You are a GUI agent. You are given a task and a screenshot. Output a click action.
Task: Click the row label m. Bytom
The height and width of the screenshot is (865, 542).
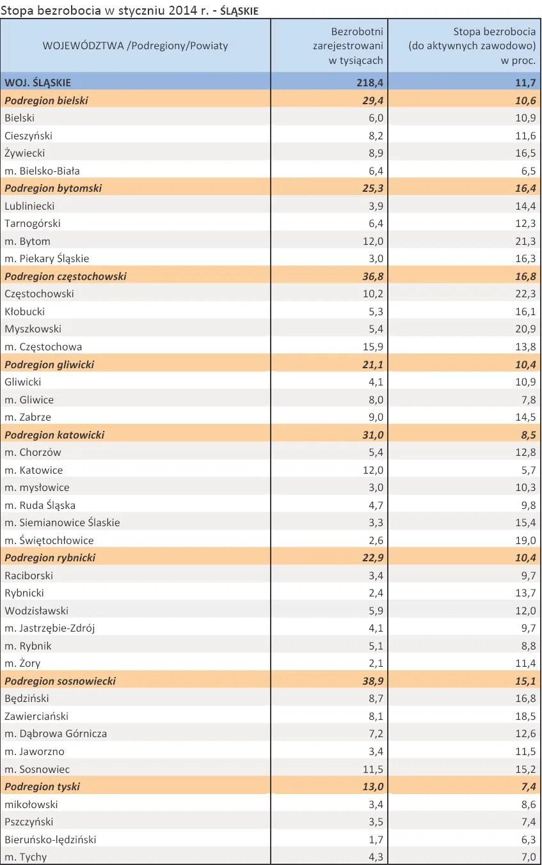28,242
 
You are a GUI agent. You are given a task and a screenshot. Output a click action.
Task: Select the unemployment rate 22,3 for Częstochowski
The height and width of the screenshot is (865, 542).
525,294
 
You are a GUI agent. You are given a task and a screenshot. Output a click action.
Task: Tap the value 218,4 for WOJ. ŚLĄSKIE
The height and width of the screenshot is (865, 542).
370,82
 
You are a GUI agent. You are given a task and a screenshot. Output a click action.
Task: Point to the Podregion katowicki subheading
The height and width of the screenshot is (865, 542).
54,435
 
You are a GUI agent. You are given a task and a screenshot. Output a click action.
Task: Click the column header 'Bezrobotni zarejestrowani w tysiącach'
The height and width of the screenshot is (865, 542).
348,46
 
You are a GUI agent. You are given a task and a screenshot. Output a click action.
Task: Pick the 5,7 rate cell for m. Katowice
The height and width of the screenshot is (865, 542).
529,470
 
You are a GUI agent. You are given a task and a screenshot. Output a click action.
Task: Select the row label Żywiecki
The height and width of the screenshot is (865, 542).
25,153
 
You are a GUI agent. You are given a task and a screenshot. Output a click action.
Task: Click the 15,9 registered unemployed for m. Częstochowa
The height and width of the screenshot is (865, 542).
373,347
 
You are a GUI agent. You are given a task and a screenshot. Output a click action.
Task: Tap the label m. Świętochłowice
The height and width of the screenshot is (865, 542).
49,540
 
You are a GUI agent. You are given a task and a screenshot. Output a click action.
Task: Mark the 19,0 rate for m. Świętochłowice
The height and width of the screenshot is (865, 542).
525,540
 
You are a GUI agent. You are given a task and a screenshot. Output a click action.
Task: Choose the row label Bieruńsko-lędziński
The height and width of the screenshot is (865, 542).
51,839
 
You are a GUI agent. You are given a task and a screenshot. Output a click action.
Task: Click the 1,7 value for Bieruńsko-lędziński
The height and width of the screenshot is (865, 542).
376,839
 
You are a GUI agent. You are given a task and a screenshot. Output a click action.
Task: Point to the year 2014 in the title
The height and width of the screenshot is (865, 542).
182,10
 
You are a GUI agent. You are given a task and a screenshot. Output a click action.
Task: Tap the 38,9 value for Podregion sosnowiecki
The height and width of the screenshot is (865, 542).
373,681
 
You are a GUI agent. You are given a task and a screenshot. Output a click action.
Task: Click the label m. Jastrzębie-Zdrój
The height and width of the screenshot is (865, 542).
49,628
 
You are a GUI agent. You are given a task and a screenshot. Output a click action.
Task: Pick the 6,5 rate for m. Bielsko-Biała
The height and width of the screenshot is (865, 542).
529,171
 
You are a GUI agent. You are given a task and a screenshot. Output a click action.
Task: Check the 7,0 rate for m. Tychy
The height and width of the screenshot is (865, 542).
529,857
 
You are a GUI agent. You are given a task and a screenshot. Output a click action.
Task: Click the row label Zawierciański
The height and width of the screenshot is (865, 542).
36,716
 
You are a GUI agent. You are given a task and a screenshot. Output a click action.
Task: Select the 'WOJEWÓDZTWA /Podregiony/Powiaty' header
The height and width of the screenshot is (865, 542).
135,46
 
